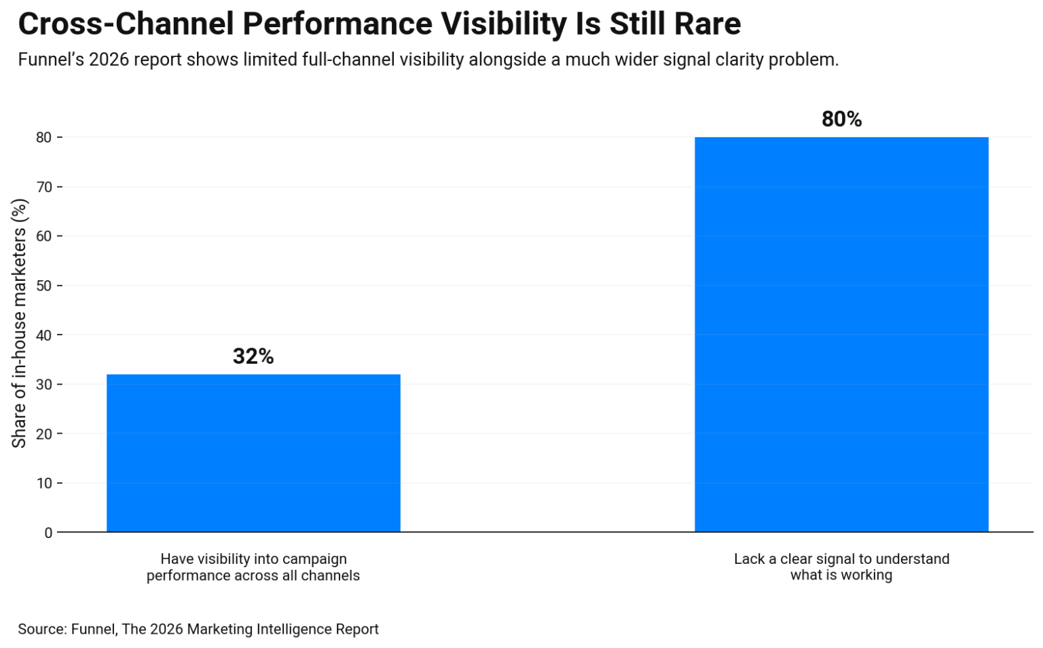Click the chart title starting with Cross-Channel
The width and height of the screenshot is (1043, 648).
click(379, 24)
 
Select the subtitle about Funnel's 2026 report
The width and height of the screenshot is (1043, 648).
click(428, 60)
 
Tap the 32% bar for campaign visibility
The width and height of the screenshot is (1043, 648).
click(253, 453)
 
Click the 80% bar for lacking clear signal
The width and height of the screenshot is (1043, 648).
click(841, 335)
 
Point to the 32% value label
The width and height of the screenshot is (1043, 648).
click(253, 356)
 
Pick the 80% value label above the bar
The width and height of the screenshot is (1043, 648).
click(841, 119)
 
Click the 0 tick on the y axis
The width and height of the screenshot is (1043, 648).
click(48, 533)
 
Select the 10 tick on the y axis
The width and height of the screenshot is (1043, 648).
click(44, 484)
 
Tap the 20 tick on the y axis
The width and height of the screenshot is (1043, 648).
click(44, 434)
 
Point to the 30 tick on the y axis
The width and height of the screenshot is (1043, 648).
click(44, 385)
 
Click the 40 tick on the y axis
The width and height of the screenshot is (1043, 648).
click(44, 335)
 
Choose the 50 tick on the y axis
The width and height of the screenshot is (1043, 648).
click(44, 286)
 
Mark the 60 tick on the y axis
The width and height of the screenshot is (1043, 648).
click(44, 236)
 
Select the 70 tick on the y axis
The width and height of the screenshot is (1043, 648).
click(44, 187)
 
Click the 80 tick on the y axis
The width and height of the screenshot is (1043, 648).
click(44, 138)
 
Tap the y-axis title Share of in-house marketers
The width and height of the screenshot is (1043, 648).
click(19, 323)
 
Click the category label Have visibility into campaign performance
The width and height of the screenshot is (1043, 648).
click(253, 567)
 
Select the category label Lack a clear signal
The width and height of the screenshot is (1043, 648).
click(841, 567)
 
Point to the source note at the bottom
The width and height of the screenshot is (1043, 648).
click(198, 629)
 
